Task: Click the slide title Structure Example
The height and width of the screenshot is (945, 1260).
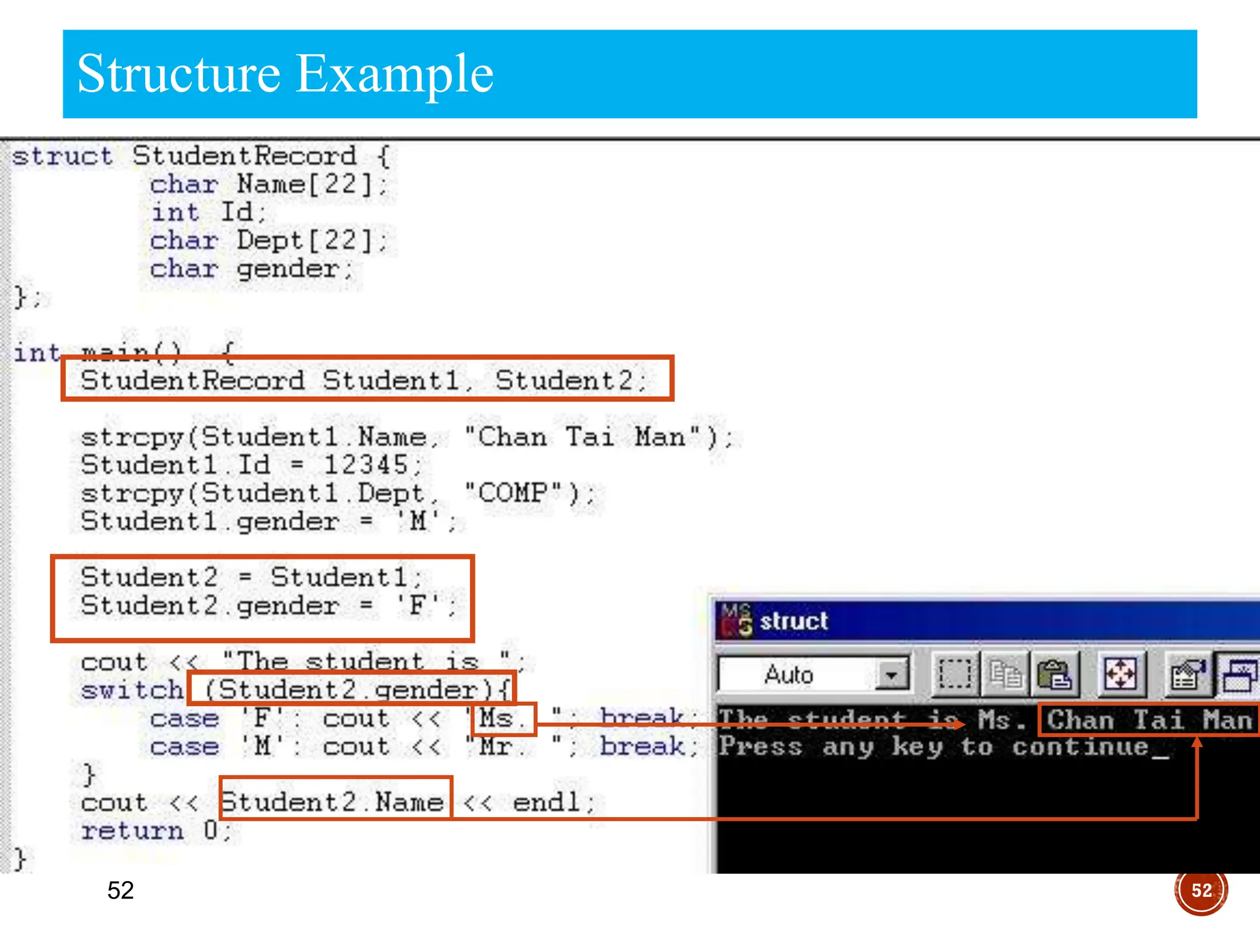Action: [285, 74]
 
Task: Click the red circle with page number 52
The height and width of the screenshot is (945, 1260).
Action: [1200, 890]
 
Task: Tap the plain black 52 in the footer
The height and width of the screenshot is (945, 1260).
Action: [121, 890]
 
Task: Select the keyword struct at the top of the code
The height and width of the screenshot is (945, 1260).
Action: [62, 156]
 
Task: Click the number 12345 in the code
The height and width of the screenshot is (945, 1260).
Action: [365, 465]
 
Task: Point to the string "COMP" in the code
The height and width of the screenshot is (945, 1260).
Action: [514, 493]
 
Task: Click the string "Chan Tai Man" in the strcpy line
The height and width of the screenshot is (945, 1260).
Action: [582, 437]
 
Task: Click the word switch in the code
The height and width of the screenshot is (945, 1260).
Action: [132, 690]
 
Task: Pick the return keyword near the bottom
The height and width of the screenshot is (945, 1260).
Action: [132, 831]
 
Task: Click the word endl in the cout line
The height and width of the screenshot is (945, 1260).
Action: [546, 802]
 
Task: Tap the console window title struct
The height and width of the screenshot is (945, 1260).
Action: [794, 621]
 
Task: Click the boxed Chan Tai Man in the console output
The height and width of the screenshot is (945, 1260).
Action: [1149, 719]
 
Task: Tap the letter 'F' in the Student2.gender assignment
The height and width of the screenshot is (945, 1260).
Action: [418, 605]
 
